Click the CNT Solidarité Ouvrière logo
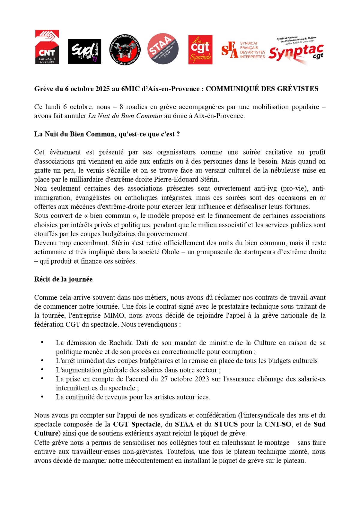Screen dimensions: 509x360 click(x=47, y=47)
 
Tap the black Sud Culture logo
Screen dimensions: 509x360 click(x=84, y=51)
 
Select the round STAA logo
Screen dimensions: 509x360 click(x=163, y=49)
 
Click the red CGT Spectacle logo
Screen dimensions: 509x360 click(x=200, y=50)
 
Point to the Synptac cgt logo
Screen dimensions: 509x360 click(x=296, y=50)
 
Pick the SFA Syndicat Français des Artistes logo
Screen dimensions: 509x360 click(x=243, y=50)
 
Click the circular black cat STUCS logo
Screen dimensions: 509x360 click(x=125, y=50)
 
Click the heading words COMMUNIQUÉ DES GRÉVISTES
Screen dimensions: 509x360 click(x=262, y=89)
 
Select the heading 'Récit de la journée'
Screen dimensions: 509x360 click(x=63, y=279)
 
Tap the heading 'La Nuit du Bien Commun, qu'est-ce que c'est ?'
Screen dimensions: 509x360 click(x=107, y=134)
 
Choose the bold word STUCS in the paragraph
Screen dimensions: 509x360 click(x=226, y=424)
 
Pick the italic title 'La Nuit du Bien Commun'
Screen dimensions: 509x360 click(x=125, y=116)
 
